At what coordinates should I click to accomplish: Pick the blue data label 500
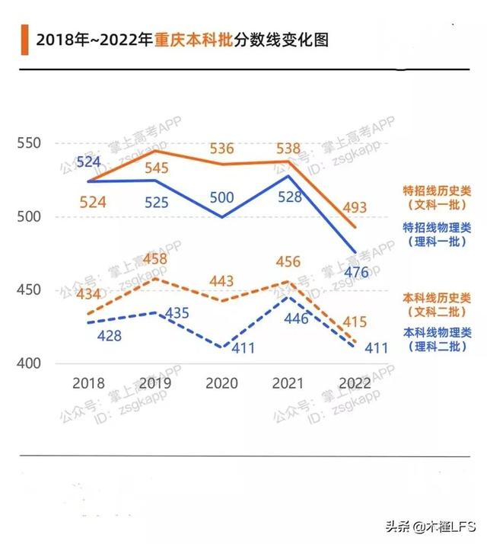click(221, 197)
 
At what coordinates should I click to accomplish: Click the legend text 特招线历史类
click(437, 191)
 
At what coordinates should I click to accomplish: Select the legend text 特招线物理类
click(437, 227)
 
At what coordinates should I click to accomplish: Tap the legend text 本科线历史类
click(437, 296)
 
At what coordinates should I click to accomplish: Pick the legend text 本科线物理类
click(437, 332)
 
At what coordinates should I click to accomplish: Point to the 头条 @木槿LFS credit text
click(429, 526)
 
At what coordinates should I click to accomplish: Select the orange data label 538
click(288, 148)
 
